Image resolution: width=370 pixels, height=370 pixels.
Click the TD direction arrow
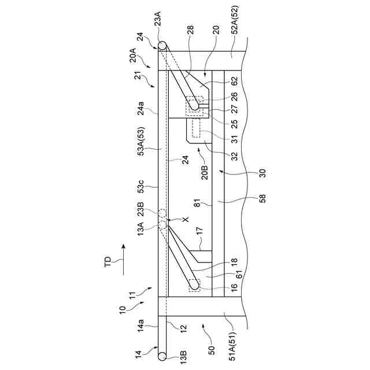(x=122, y=256)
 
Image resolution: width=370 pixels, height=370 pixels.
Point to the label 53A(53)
(x=141, y=156)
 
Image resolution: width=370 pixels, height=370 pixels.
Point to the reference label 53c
(x=141, y=190)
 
